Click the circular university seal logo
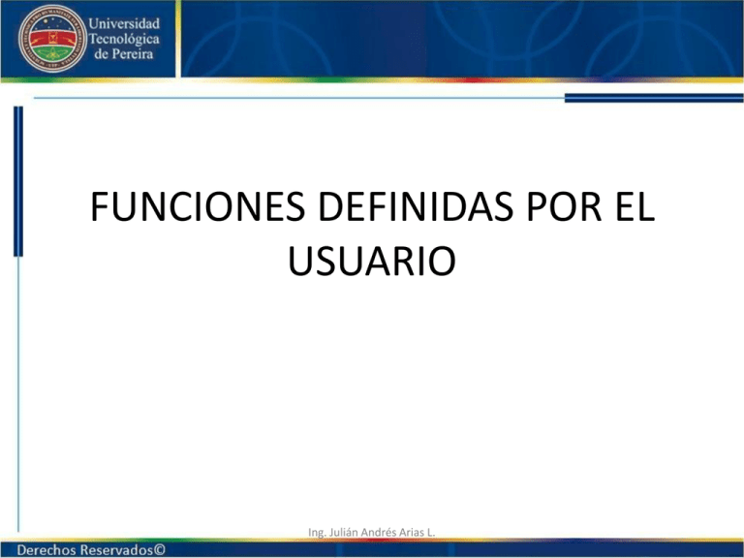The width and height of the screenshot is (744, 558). [x=46, y=38]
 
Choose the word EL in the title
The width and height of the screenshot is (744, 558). [x=634, y=209]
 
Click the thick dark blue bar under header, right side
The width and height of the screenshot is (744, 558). [x=654, y=97]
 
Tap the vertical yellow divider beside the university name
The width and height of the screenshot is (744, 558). [x=83, y=38]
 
